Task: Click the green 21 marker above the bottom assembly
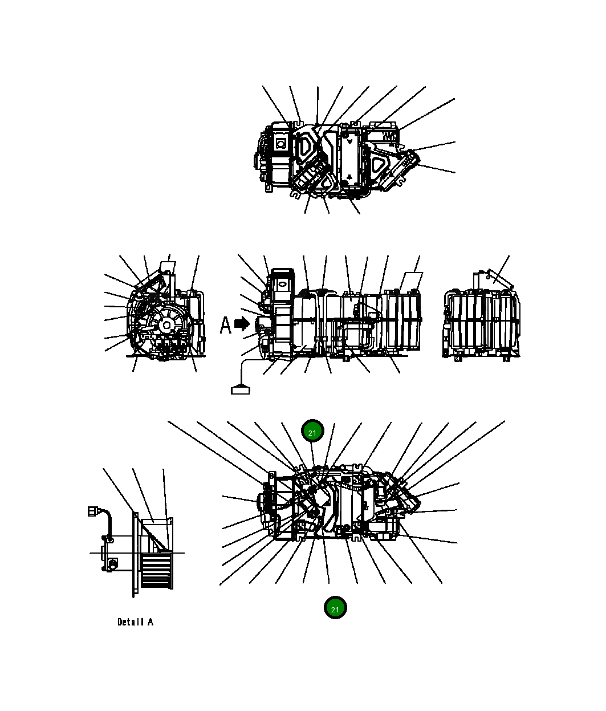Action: [x=312, y=432]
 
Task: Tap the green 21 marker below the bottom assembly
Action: [x=335, y=608]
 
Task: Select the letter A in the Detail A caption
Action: [x=151, y=622]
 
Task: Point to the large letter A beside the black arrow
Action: [x=226, y=325]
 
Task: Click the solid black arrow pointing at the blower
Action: [x=242, y=324]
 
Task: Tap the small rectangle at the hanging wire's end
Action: [x=240, y=390]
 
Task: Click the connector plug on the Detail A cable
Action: [x=92, y=511]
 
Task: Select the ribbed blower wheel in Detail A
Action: [x=155, y=570]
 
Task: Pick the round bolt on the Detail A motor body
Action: [x=112, y=564]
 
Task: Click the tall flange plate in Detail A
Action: [x=135, y=553]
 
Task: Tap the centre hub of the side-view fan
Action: [x=166, y=326]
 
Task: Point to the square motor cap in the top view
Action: [x=280, y=144]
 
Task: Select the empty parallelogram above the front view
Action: [x=410, y=281]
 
